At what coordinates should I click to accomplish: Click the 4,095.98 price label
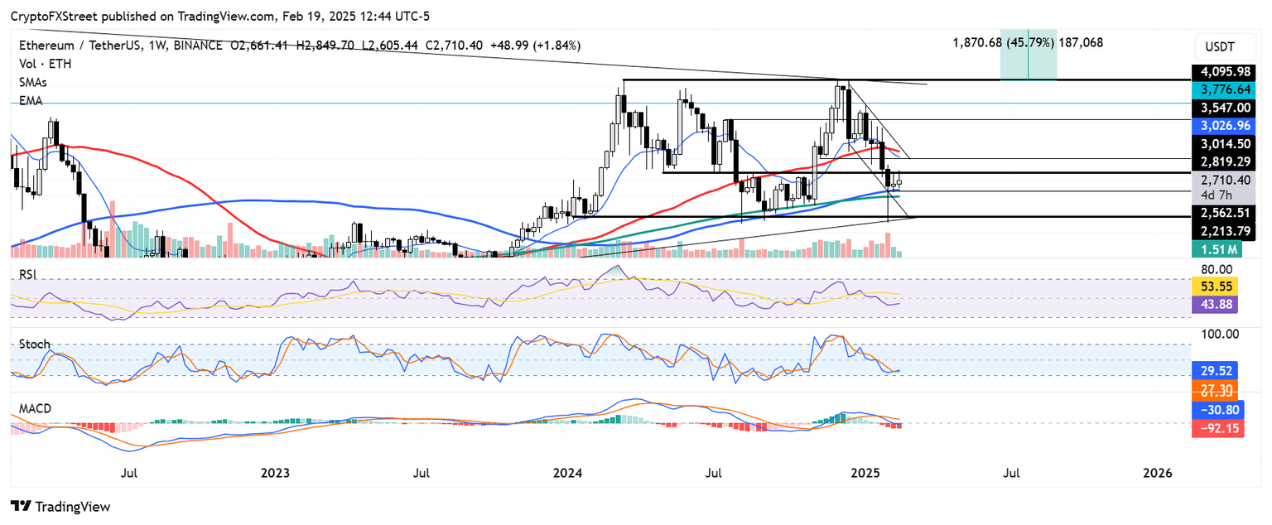pyautogui.click(x=1223, y=73)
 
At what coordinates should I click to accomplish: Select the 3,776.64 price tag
pyautogui.click(x=1223, y=88)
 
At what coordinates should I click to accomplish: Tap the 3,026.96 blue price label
pyautogui.click(x=1223, y=125)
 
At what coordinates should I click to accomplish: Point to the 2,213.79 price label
pyautogui.click(x=1223, y=232)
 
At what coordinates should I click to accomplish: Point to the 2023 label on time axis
pyautogui.click(x=275, y=474)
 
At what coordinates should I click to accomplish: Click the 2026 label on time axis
pyautogui.click(x=1157, y=474)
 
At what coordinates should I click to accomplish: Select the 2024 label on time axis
pyautogui.click(x=568, y=474)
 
